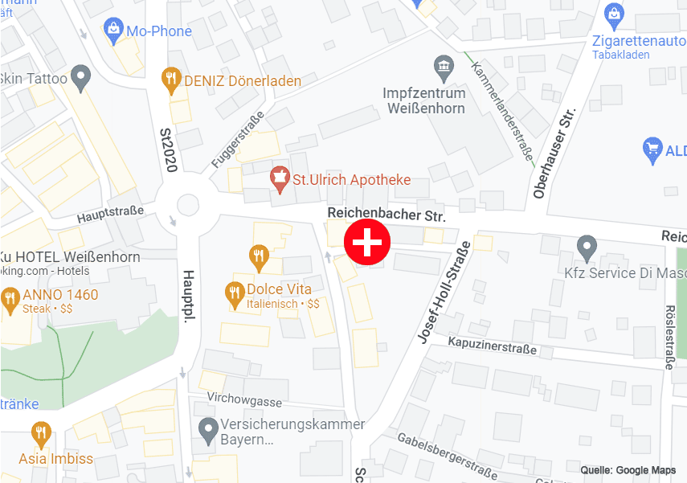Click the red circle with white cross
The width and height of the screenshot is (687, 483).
[367, 242]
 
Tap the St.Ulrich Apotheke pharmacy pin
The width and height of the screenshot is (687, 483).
[280, 178]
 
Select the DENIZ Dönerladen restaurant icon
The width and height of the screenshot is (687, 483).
[170, 80]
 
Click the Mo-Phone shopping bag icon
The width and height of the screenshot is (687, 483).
[113, 31]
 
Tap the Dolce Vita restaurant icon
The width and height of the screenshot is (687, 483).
[235, 294]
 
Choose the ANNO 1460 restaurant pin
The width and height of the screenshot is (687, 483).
[10, 300]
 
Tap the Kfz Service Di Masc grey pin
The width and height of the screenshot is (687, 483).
[587, 248]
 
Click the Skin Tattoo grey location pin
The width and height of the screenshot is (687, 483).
[80, 78]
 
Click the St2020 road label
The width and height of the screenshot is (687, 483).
[168, 149]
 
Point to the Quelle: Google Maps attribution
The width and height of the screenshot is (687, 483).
[628, 470]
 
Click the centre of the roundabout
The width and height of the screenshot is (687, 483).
[187, 204]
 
